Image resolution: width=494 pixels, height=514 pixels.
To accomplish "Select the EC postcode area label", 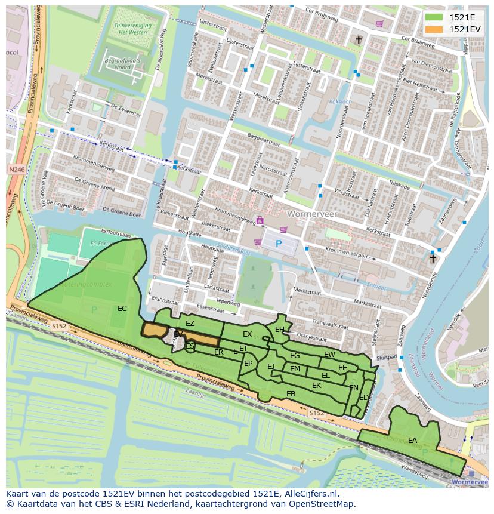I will [x=122, y=309].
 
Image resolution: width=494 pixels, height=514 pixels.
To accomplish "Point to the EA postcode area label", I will [x=413, y=441].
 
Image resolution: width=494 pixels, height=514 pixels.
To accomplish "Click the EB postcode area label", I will [x=291, y=394].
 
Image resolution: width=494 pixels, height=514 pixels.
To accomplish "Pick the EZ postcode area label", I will [x=190, y=324].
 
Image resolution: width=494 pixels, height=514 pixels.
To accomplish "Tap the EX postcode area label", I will [x=247, y=334].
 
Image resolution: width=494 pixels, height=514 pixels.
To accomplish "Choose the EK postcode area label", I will [x=317, y=386].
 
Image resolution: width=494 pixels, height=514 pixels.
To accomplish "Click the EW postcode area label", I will [x=329, y=355].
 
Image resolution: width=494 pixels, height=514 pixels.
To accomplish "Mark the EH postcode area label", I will [x=280, y=329].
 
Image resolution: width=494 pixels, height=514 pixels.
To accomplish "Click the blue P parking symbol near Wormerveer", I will [x=279, y=244].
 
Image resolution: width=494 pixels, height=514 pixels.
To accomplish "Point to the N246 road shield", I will [x=17, y=170].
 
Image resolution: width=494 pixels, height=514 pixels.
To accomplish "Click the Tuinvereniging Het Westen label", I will [x=132, y=29].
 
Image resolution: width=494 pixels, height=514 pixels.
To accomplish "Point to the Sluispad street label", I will [x=387, y=357].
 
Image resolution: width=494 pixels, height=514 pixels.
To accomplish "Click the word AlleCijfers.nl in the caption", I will [x=310, y=494].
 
